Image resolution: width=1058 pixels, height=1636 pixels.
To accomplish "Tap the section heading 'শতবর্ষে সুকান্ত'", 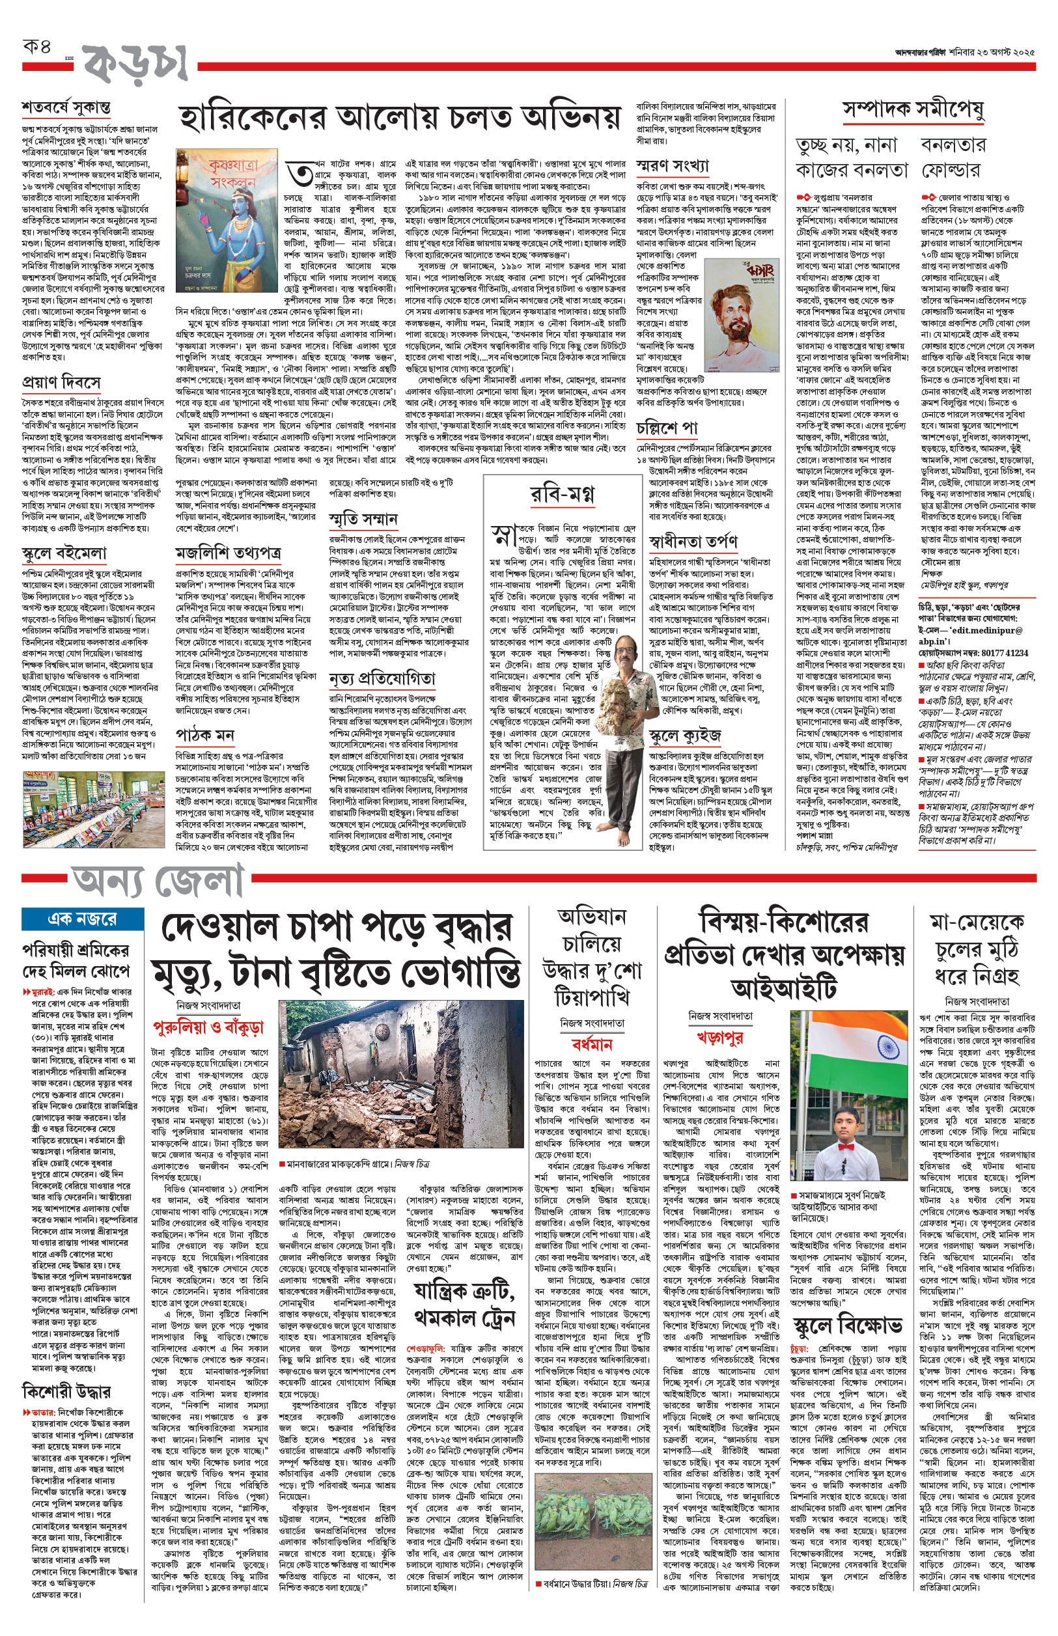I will point(66,108).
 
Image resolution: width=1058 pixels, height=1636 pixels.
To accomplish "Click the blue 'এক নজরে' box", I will point(83,919).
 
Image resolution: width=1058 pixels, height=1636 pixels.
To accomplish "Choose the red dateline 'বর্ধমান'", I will point(592,1044).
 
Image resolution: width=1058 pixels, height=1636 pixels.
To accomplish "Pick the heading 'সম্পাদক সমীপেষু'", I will point(913,109).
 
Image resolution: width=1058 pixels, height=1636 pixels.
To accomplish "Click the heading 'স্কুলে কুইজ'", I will point(685,737).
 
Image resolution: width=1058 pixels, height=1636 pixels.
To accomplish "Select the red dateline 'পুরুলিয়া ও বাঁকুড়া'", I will point(208,1027).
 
